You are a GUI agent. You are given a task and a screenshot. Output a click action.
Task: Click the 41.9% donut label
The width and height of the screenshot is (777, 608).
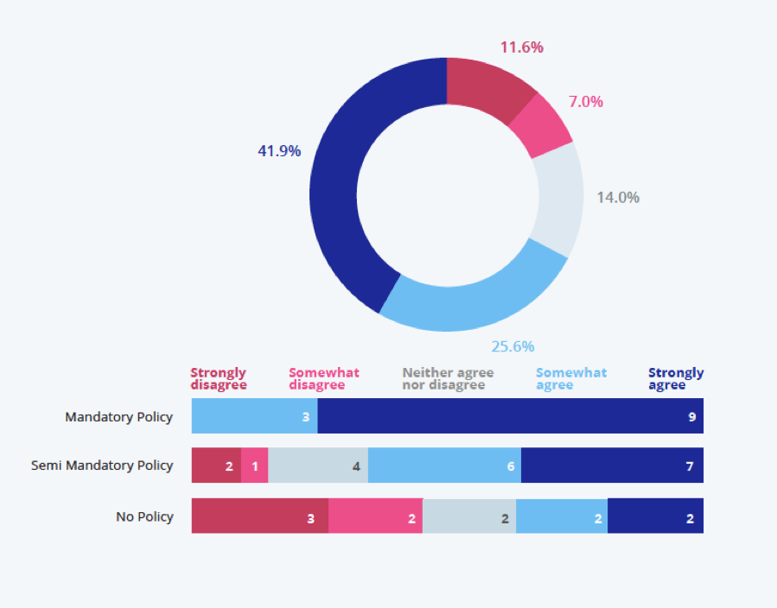[x=279, y=151]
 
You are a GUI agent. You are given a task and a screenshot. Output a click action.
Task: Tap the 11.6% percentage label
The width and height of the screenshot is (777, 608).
[x=522, y=47]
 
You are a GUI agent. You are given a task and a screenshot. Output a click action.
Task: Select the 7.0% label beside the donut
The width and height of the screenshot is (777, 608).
[x=585, y=102]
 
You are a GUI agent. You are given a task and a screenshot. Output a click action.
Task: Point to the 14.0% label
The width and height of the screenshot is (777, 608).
[x=618, y=197]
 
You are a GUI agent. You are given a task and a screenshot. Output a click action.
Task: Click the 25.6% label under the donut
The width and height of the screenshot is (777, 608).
[x=513, y=346]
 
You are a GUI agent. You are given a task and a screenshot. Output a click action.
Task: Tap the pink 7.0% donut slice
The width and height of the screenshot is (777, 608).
[x=540, y=125]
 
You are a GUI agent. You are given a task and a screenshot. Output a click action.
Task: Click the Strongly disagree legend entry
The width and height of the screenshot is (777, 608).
[x=219, y=379]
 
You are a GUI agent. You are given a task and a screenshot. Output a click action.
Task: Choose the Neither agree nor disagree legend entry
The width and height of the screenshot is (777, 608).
[x=448, y=379]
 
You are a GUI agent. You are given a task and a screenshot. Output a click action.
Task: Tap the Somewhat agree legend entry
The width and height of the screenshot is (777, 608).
[x=571, y=379]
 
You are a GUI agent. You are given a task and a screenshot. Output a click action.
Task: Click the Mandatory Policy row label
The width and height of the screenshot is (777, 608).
[x=119, y=417]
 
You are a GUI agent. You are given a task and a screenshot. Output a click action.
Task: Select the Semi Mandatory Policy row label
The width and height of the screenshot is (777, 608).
[x=102, y=465]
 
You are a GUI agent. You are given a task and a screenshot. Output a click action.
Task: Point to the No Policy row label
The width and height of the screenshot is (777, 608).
[x=145, y=516]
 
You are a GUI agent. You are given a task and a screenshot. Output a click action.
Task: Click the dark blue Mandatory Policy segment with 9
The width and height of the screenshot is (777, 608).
[x=510, y=416]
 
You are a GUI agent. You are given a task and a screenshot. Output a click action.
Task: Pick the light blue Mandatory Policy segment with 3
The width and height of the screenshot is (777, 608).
[x=254, y=416]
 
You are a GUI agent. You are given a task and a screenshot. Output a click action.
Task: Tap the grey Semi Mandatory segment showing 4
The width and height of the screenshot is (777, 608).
[x=318, y=465]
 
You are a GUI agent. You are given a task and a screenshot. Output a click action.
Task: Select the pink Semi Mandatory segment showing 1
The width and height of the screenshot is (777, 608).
[x=255, y=465]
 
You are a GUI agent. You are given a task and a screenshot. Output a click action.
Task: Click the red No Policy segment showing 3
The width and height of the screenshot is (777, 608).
[x=259, y=516]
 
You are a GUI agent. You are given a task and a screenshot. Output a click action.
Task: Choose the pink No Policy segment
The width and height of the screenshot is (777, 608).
[x=375, y=516]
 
